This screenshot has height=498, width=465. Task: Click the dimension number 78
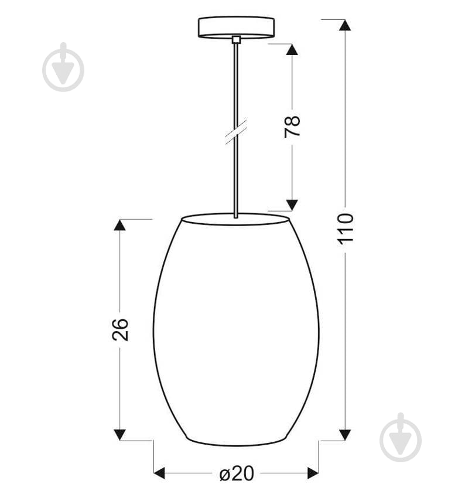(x=292, y=127)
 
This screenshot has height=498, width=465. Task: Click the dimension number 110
(x=346, y=228)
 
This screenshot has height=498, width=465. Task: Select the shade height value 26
(x=120, y=329)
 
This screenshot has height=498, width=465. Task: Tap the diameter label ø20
(x=237, y=473)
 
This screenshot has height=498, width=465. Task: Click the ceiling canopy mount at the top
(x=236, y=26)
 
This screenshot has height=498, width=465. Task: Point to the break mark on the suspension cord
(x=236, y=131)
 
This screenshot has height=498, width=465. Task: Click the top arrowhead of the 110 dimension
(x=345, y=25)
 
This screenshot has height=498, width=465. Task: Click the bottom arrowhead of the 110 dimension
(x=345, y=434)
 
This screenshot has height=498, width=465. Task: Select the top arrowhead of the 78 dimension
(x=292, y=50)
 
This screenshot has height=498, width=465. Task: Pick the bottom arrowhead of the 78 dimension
(x=292, y=204)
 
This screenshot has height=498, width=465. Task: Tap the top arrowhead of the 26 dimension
(x=120, y=225)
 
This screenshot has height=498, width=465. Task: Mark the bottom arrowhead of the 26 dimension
(x=120, y=434)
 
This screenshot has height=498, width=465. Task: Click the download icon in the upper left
(x=63, y=67)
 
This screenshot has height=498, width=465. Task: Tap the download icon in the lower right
(x=401, y=438)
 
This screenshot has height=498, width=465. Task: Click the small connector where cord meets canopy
(x=236, y=40)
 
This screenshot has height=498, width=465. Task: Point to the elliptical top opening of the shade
(x=235, y=220)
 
